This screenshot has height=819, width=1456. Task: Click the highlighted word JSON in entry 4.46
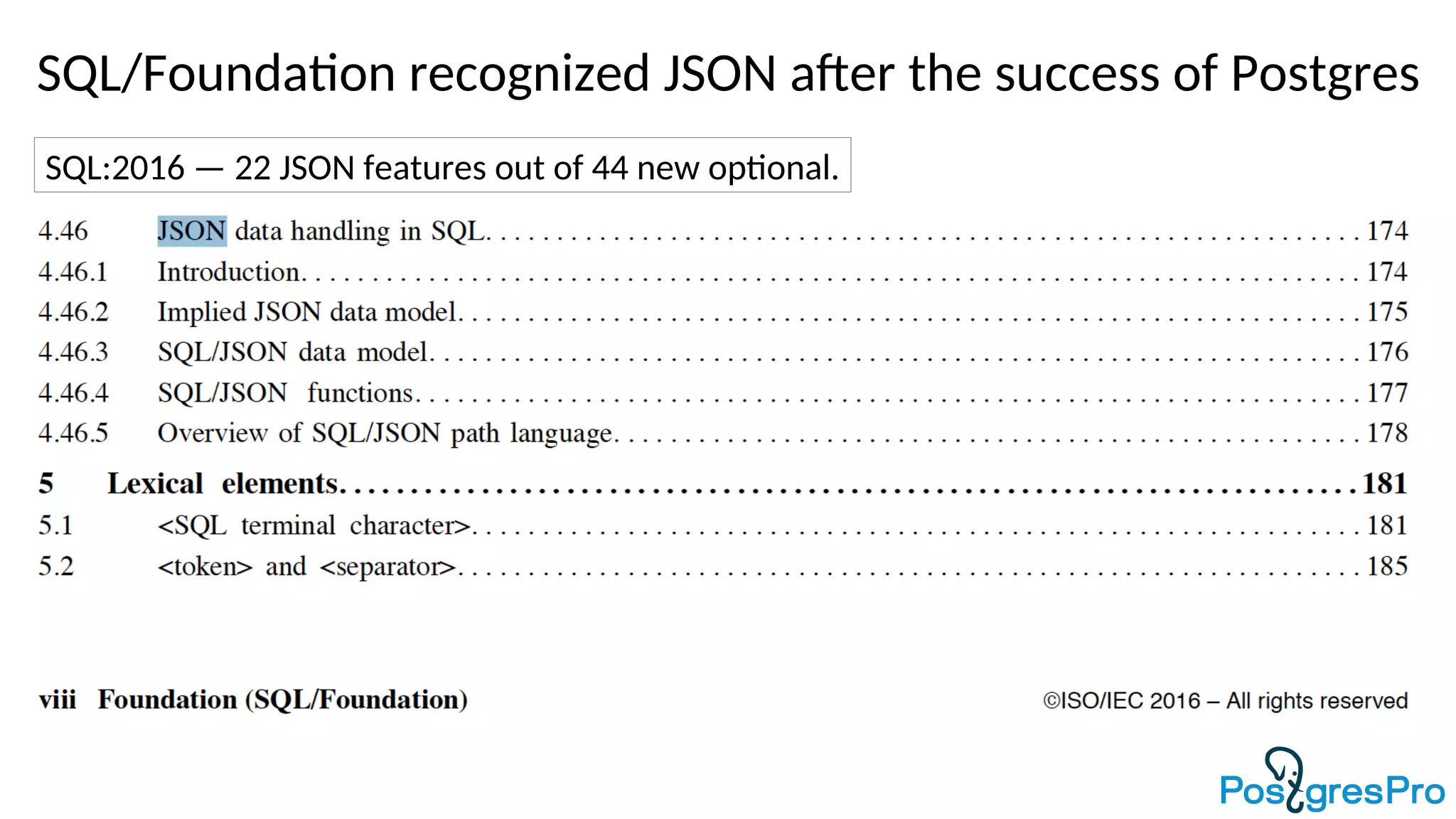tap(192, 231)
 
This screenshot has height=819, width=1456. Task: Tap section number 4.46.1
tap(73, 272)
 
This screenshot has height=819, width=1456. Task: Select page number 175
tap(1387, 312)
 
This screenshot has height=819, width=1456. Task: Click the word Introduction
tap(229, 272)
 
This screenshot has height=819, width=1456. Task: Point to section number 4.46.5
tap(73, 433)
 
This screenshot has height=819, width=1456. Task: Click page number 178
tap(1387, 433)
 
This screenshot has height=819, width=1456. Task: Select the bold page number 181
tap(1384, 484)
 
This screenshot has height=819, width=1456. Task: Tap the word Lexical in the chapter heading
tap(156, 484)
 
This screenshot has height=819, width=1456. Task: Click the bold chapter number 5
tap(46, 484)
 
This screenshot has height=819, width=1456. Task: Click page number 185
tap(1387, 567)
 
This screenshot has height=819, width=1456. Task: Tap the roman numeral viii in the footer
tap(58, 700)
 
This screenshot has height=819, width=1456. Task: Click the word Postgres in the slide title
tap(1324, 74)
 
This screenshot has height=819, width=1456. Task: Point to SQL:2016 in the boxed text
tap(114, 168)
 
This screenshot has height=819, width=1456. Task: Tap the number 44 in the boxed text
tap(609, 168)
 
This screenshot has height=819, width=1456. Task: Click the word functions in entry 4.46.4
tap(360, 393)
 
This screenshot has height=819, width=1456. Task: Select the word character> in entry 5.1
tap(409, 526)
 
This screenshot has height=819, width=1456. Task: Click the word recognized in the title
tap(529, 74)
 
